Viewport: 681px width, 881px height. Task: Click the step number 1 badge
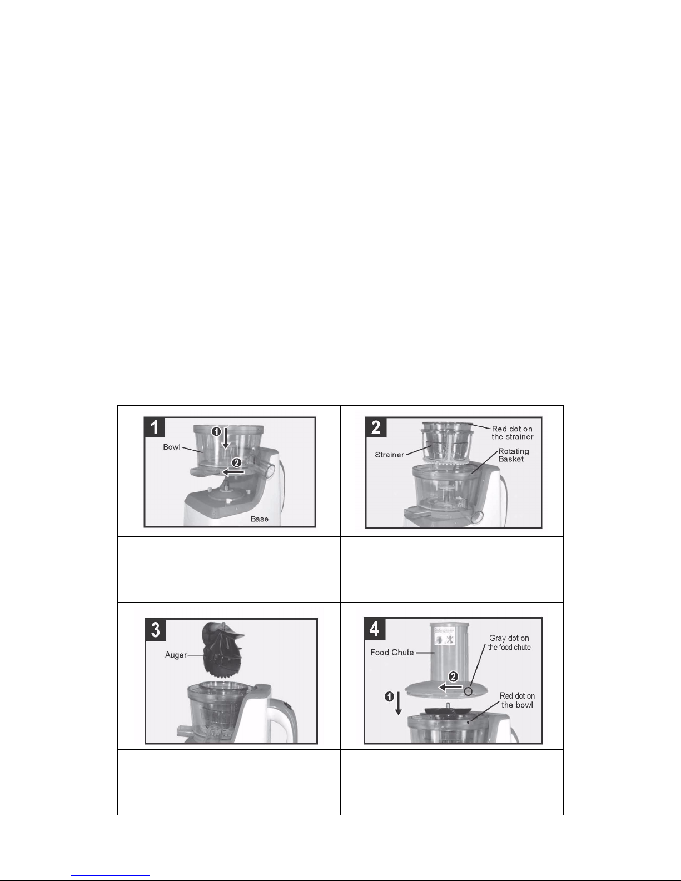click(155, 427)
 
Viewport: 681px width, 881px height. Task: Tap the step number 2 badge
click(376, 427)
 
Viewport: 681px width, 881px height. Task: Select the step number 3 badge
click(155, 630)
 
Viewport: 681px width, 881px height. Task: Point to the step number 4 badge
click(374, 629)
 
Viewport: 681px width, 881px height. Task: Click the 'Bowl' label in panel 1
click(171, 447)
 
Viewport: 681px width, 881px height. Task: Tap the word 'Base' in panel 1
click(260, 519)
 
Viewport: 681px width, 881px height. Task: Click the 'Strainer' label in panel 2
click(389, 455)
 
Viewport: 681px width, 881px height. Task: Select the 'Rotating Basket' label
click(513, 455)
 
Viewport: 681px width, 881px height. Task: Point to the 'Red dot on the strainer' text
click(512, 432)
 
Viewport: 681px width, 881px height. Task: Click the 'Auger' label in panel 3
click(176, 655)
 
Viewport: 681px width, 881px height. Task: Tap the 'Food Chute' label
click(391, 653)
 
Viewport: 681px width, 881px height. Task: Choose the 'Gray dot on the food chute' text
click(509, 643)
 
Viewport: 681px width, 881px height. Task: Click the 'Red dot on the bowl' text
click(517, 700)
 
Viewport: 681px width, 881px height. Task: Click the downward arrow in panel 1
click(226, 438)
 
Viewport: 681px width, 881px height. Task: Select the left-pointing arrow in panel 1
click(233, 472)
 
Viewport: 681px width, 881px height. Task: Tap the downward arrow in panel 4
click(399, 704)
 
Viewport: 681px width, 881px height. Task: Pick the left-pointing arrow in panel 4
click(450, 687)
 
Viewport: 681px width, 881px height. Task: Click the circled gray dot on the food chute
click(468, 691)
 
